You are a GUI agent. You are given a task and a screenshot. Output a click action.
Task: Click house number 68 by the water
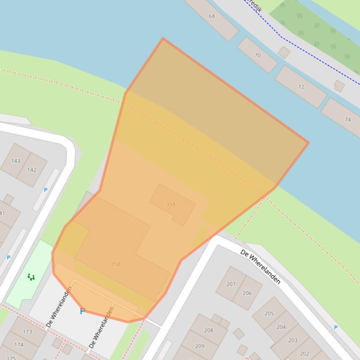pyautogui.click(x=212, y=16)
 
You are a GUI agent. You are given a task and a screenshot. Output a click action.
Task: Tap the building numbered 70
pyautogui.click(x=257, y=55)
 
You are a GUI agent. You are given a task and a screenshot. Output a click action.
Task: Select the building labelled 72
pyautogui.click(x=301, y=86)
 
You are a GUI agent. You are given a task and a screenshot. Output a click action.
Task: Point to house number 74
pyautogui.click(x=347, y=119)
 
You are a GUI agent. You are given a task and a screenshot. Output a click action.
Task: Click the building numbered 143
pyautogui.click(x=15, y=161)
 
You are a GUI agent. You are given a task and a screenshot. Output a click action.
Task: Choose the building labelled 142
pyautogui.click(x=32, y=170)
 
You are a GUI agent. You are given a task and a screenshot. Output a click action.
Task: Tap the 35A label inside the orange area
pyautogui.click(x=170, y=204)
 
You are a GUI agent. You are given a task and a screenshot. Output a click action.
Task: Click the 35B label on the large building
pyautogui.click(x=116, y=264)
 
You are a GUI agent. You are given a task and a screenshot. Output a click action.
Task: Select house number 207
pyautogui.click(x=231, y=284)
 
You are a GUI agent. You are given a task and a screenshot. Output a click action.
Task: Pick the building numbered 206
pyautogui.click(x=247, y=293)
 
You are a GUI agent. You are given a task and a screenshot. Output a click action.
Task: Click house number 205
pyautogui.click(x=269, y=313)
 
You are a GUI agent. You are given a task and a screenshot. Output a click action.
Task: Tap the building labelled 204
pyautogui.click(x=281, y=327)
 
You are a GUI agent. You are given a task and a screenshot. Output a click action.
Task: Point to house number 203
pyautogui.click(x=293, y=340)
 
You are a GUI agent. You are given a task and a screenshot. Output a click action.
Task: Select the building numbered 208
pyautogui.click(x=208, y=330)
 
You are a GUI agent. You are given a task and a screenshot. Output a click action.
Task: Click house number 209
pyautogui.click(x=199, y=346)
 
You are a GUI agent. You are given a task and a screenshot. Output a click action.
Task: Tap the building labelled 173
pyautogui.click(x=27, y=332)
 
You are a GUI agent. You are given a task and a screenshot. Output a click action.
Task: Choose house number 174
pyautogui.click(x=19, y=345)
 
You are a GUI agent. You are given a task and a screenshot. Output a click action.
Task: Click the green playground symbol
pyautogui.click(x=31, y=277)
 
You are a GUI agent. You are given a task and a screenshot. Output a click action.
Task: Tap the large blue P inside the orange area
pyautogui.click(x=82, y=311)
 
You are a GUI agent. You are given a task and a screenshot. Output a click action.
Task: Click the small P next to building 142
pyautogui.click(x=45, y=190)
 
